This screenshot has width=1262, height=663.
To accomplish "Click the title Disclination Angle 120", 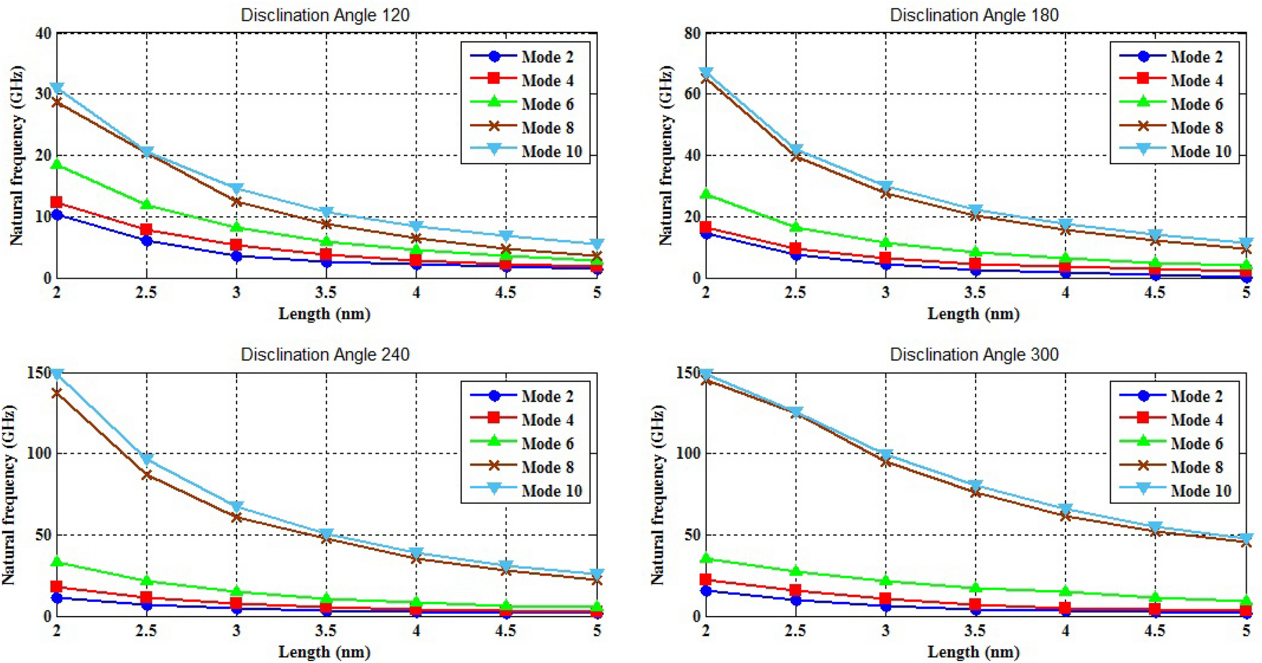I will point(324,15).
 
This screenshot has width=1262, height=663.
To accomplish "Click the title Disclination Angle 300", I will point(973,354).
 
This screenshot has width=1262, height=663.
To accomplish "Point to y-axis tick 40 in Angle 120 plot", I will point(43,34).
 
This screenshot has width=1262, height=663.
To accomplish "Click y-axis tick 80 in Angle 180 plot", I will point(692,34).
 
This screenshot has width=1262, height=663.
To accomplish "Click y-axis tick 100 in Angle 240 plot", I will point(39,454).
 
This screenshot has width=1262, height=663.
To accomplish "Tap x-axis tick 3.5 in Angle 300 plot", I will point(974,631).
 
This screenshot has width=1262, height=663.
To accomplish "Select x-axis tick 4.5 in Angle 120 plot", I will point(506,293).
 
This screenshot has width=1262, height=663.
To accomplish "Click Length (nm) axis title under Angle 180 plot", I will point(973,314).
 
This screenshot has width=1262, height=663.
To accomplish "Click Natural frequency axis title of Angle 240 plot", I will point(9,495).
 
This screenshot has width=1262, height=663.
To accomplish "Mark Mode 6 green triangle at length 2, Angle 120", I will point(57,164).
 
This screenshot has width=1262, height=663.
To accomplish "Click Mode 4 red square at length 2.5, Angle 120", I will point(146,230).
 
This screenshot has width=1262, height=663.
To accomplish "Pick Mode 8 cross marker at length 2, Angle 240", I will point(57,393).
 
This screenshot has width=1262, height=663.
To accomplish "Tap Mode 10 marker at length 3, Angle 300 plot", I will point(885,454).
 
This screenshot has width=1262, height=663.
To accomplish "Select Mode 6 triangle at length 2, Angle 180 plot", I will point(705,194).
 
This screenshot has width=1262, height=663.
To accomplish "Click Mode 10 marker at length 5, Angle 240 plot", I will point(597,575).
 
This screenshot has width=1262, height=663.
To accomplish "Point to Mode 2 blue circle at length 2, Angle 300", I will point(705,591).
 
